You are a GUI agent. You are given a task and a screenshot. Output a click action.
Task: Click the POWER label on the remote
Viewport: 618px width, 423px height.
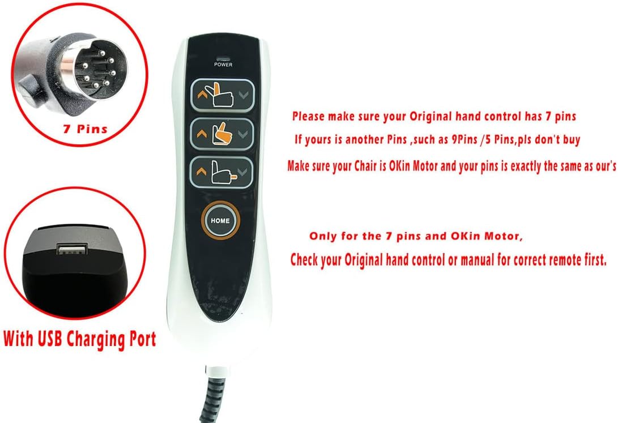point(223,65)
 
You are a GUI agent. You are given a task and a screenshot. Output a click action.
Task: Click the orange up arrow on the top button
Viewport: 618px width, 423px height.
point(201,95)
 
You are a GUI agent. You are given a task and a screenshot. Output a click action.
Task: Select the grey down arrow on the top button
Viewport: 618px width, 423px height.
point(244,95)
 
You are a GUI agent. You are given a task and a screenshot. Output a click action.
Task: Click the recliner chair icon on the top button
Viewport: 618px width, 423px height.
point(221,93)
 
